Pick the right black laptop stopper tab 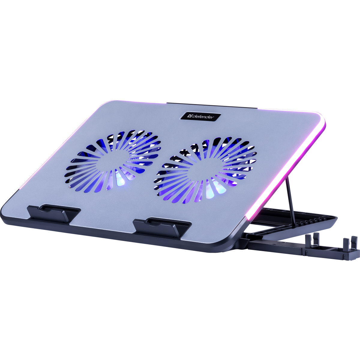(162, 227)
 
